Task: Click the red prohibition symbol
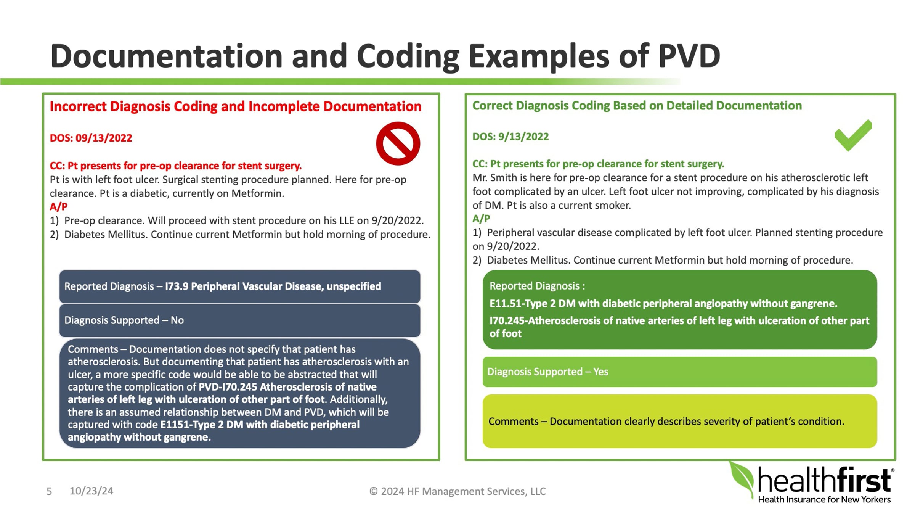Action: click(398, 143)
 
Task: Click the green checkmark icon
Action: click(853, 135)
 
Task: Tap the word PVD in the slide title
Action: click(689, 56)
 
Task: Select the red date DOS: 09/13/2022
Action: click(91, 138)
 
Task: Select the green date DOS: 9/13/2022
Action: click(510, 137)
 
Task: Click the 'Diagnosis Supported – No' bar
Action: click(239, 320)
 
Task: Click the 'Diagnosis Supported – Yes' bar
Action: click(679, 372)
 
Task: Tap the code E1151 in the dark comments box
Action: click(176, 425)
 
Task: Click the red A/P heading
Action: click(58, 207)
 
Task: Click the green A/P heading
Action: click(481, 219)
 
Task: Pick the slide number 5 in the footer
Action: click(49, 491)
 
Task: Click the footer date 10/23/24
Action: click(91, 491)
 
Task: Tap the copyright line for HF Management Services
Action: click(457, 491)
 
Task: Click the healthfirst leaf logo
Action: click(742, 479)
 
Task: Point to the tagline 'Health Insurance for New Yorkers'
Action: click(824, 500)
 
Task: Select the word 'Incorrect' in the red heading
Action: click(78, 106)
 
